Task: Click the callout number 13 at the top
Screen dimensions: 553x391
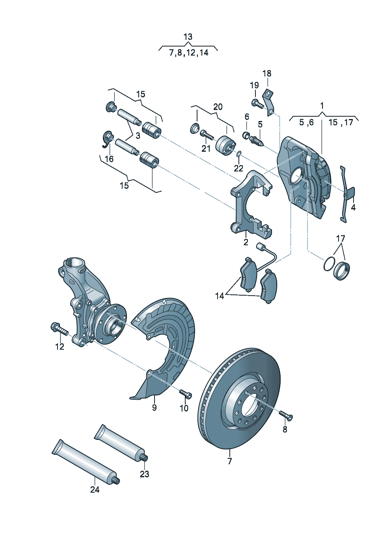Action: (x=188, y=37)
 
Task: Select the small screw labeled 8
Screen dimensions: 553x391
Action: (x=286, y=415)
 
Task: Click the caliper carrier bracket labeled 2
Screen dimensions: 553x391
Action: (x=248, y=205)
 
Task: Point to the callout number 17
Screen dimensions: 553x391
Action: (x=341, y=238)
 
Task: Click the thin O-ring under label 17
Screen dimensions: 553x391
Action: (x=329, y=264)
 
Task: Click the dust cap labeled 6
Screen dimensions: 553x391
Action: (x=246, y=136)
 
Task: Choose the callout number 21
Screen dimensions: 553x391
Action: (x=206, y=149)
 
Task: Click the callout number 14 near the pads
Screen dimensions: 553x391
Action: (x=220, y=296)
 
